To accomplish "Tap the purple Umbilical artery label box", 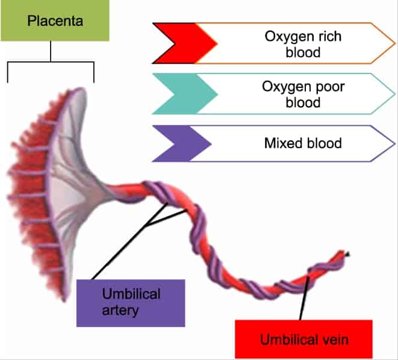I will (x=131, y=302).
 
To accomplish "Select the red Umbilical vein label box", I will (x=304, y=340).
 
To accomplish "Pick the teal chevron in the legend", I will (x=184, y=93).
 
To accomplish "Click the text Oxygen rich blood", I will (x=294, y=44).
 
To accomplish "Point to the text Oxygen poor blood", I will (x=295, y=93).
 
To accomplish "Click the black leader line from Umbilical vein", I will (x=304, y=295).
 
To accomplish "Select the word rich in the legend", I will (x=329, y=36).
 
